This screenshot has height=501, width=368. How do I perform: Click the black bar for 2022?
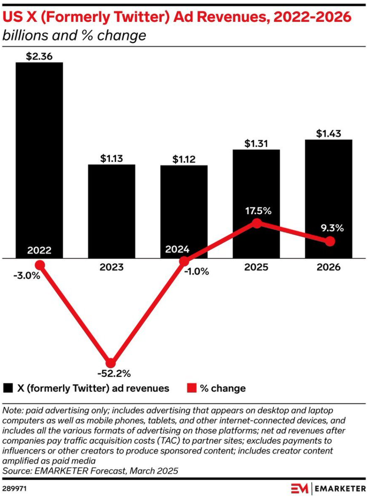[39, 160]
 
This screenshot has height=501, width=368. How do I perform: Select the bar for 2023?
[112, 211]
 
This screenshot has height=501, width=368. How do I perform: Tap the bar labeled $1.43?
[329, 199]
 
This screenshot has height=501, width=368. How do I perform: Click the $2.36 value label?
[39, 56]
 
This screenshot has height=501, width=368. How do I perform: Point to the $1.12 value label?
[184, 159]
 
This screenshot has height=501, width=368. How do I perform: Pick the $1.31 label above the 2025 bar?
[256, 143]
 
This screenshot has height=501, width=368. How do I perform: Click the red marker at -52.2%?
[111, 363]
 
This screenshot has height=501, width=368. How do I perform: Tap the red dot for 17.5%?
[257, 223]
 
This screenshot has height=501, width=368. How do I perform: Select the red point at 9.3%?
[330, 241]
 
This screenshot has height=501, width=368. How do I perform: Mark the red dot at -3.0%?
[40, 265]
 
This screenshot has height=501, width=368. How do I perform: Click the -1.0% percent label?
[196, 272]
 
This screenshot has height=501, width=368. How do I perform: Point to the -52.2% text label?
[114, 373]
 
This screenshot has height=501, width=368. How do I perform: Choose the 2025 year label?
[256, 267]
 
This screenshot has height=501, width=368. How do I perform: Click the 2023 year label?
[112, 267]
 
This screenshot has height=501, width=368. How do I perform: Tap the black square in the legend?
[8, 388]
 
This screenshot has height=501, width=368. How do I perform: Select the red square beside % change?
[192, 388]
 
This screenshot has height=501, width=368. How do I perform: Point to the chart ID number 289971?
[14, 489]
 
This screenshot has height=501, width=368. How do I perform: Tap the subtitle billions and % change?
[74, 35]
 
